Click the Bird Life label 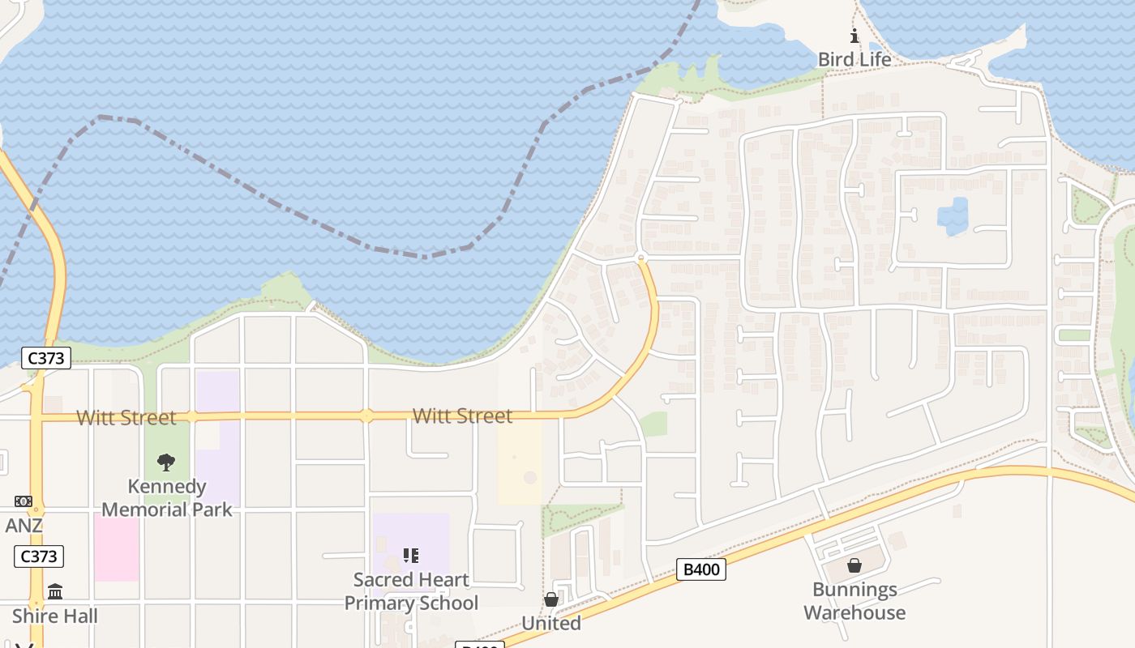[x=854, y=59]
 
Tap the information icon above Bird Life [x=854, y=36]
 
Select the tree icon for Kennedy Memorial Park [x=166, y=463]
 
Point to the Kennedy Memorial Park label [x=166, y=497]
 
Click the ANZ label [x=24, y=526]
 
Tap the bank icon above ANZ [x=24, y=502]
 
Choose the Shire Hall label [x=54, y=616]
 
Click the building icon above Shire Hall [x=54, y=592]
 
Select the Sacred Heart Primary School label [x=411, y=591]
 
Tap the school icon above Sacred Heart [x=411, y=556]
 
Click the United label [x=551, y=623]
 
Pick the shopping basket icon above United [x=551, y=599]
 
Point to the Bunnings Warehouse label [x=854, y=601]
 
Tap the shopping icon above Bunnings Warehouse [x=854, y=565]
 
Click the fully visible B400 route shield [x=701, y=569]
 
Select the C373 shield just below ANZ [x=39, y=556]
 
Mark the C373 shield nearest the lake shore [x=46, y=358]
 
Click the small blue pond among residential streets [x=953, y=215]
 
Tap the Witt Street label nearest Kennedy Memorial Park [x=126, y=417]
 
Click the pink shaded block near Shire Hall [x=117, y=547]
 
